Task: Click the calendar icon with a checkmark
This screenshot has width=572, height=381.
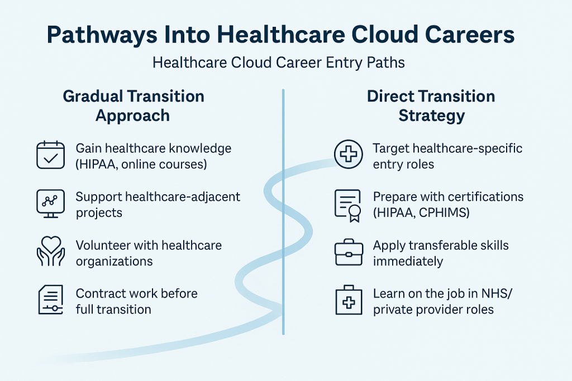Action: [50, 155]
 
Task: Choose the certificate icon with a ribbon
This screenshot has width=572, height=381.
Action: [347, 205]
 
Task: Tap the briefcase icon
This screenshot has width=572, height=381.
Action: [349, 252]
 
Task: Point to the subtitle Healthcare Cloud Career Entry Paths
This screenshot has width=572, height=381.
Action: [279, 62]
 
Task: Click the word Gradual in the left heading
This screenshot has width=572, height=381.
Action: [94, 96]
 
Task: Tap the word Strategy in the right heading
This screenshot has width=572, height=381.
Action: [431, 115]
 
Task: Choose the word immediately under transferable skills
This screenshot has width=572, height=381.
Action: [408, 261]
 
